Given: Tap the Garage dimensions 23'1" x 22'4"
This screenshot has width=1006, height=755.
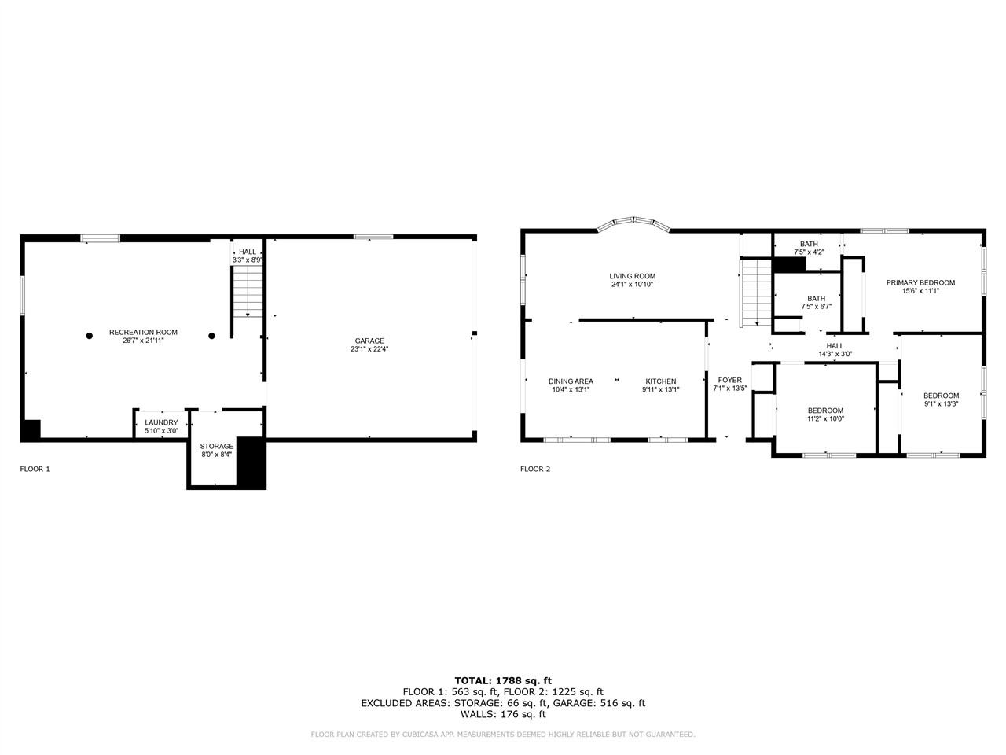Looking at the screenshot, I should click(369, 349).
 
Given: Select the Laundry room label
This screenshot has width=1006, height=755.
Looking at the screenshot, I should click(161, 422).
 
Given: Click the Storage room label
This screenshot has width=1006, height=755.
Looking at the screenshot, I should click(216, 446).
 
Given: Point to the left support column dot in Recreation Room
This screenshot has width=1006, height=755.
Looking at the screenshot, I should click(90, 336).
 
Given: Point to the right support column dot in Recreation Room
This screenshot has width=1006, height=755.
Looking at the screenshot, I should click(211, 336).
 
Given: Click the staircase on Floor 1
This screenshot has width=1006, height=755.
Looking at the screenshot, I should click(247, 290).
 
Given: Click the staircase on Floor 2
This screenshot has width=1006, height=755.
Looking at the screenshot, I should click(757, 293).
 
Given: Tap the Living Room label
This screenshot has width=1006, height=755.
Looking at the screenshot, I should click(632, 276).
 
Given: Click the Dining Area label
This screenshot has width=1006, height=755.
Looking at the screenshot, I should click(571, 381).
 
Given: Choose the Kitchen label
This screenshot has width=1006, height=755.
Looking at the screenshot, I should click(660, 381).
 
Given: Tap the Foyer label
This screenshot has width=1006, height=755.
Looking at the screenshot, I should click(729, 381).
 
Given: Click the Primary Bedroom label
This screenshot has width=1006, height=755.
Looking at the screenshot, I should click(920, 282).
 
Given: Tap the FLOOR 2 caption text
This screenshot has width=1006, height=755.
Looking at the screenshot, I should click(535, 470).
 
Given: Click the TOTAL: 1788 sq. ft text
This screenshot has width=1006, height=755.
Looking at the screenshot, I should click(503, 680).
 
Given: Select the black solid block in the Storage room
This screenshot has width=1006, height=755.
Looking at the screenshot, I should click(251, 463).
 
